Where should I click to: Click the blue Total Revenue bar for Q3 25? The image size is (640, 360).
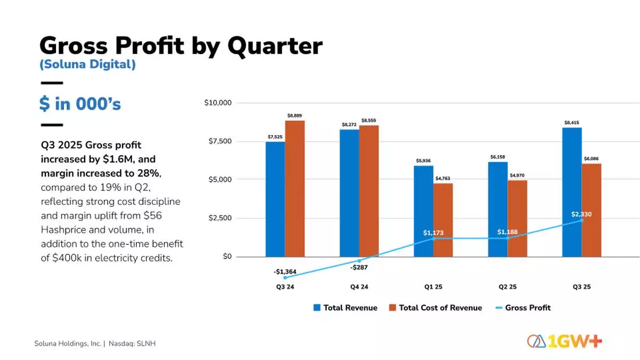572,192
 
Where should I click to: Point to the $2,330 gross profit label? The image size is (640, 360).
581,214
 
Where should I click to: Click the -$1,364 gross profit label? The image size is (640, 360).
285,272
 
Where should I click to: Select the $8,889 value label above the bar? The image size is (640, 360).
294,115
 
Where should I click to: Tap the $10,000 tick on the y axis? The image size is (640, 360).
218,102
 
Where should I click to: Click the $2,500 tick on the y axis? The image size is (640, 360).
220,218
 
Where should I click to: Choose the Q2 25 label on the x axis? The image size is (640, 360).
507,287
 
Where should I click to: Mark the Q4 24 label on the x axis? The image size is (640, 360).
359,287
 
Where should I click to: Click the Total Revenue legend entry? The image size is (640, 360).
345,308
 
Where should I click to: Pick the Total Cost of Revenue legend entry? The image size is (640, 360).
435,308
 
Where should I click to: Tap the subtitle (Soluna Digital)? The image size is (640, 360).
87,65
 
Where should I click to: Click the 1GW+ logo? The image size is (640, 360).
565,341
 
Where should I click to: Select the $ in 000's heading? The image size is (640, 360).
80,104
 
